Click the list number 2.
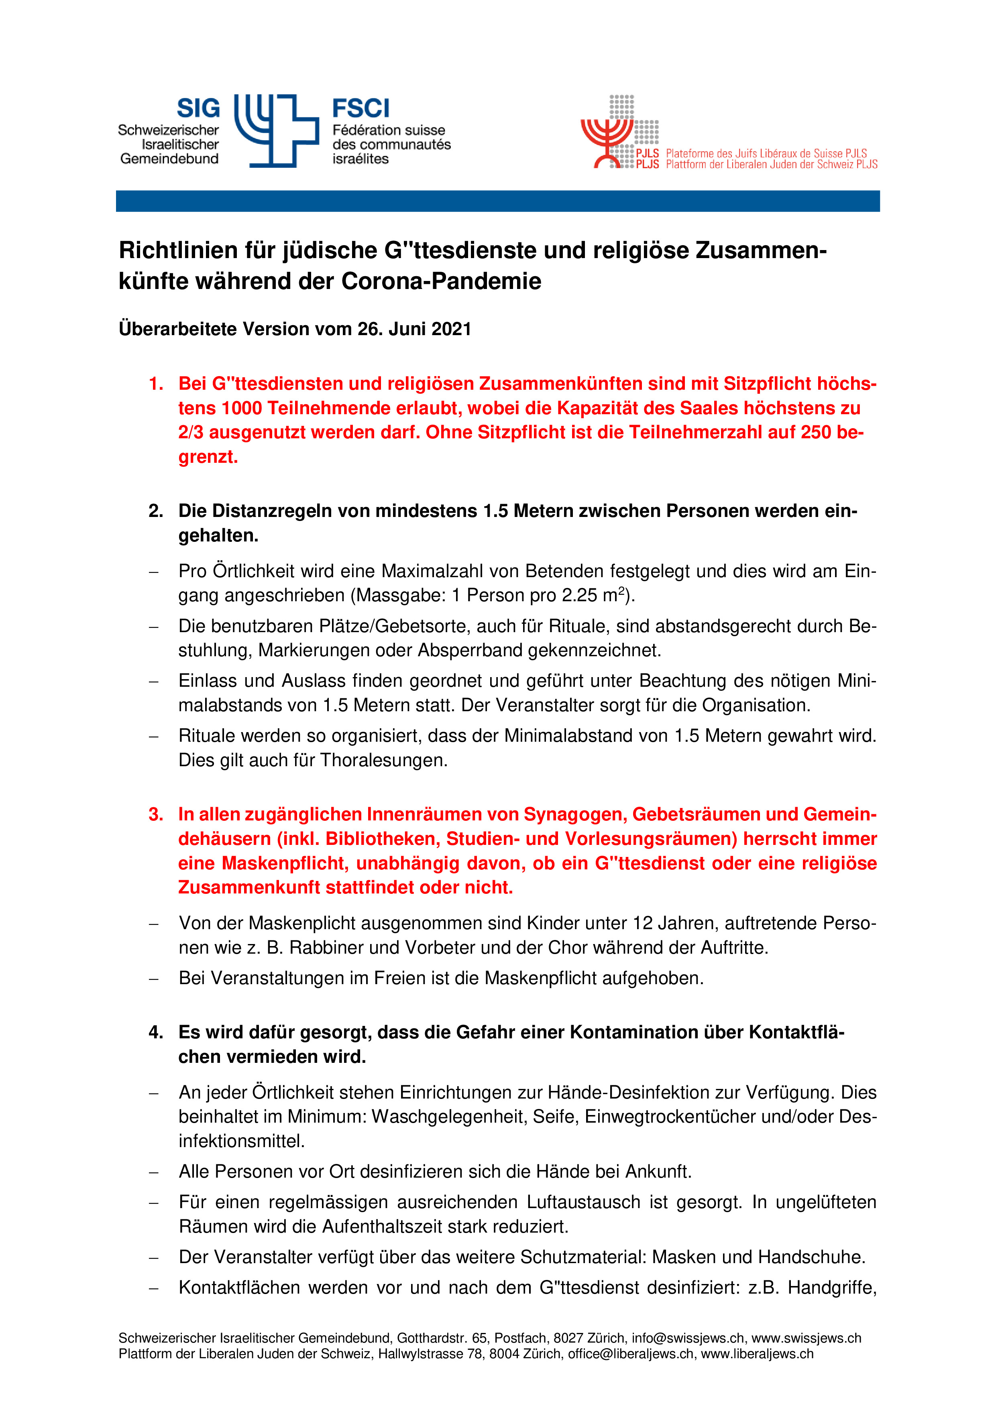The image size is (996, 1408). [155, 511]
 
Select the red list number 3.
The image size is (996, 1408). [155, 814]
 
